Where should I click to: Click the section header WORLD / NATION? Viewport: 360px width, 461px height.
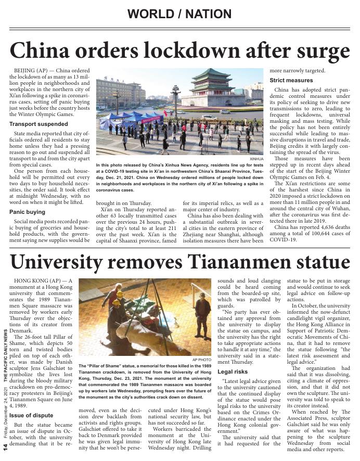(x=179, y=14)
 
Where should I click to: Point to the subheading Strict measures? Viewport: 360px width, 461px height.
(x=291, y=81)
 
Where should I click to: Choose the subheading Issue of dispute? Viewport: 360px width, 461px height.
(x=31, y=415)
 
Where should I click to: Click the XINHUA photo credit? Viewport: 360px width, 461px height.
(x=256, y=159)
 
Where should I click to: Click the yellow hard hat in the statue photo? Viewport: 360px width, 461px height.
(x=120, y=294)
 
